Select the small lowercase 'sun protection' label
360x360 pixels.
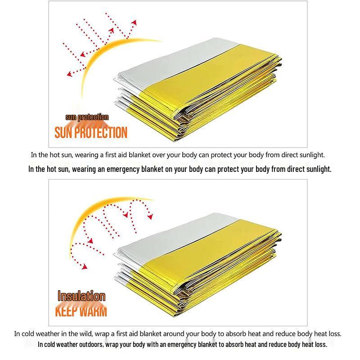pos(87,117)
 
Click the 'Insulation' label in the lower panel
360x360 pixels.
pos(81,296)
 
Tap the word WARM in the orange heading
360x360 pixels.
pos(94,311)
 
